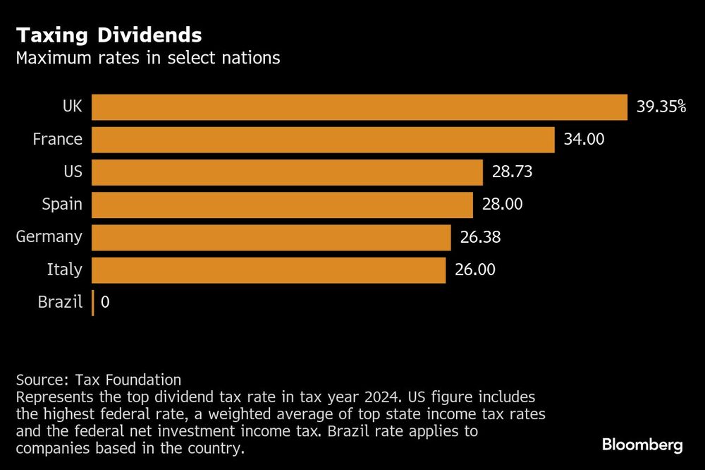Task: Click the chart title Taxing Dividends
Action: [x=109, y=35]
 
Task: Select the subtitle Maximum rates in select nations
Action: [x=148, y=58]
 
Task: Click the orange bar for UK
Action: [x=360, y=107]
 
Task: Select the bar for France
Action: [x=323, y=140]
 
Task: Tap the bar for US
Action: [x=287, y=172]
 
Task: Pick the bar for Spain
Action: [x=282, y=205]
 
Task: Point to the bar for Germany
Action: [x=271, y=237]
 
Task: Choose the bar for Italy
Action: [x=269, y=270]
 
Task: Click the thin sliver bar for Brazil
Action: [x=92, y=303]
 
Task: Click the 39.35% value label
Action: [x=661, y=107]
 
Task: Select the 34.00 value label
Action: [x=584, y=140]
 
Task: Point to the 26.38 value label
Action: [x=480, y=237]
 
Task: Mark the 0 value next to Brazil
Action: [x=105, y=303]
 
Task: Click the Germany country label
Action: [x=49, y=237]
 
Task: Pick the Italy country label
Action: [x=65, y=270]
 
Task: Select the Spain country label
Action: [x=62, y=205]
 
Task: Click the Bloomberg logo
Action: [x=642, y=445]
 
